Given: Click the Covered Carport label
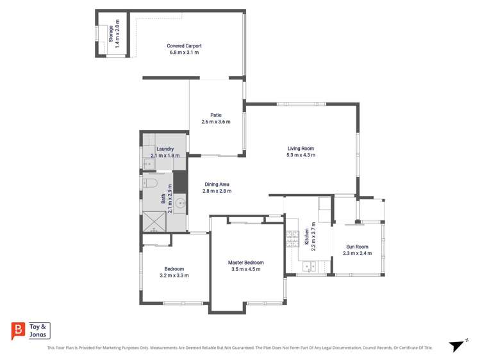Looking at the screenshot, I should (x=184, y=46).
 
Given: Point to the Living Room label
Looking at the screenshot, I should (x=301, y=149).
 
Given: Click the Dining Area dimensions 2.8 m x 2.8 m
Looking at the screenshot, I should (x=217, y=191).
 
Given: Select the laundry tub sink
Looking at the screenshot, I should (x=149, y=164).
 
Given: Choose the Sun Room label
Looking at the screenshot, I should (x=357, y=247).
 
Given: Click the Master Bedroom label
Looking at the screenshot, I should (x=245, y=263).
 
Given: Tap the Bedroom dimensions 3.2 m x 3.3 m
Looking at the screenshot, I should (x=174, y=275).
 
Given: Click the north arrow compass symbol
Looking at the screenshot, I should (x=456, y=346).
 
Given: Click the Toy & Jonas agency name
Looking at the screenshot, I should (x=38, y=331).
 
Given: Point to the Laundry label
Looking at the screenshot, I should (x=165, y=149).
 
